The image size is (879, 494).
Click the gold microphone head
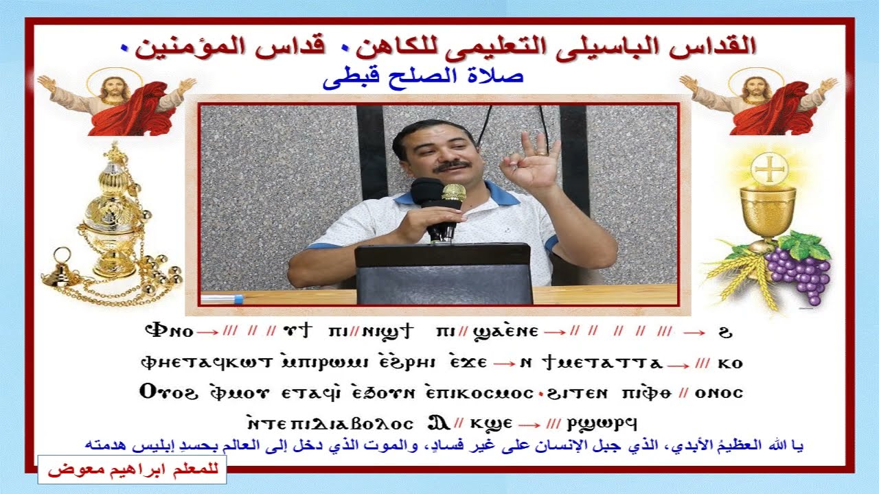click(x=453, y=192)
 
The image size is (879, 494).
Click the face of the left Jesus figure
click(x=114, y=89)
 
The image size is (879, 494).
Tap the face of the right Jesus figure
click(x=757, y=89)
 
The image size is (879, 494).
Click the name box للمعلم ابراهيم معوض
click(x=132, y=471)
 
